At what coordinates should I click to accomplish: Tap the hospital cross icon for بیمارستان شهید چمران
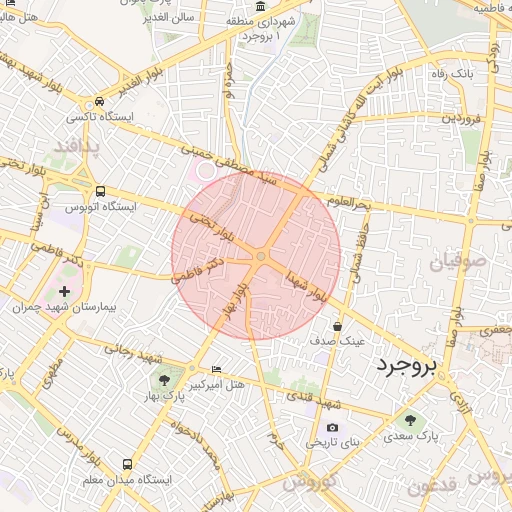(66, 290)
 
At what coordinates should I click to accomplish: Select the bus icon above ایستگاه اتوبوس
(100, 190)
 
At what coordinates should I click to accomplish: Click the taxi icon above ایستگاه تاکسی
(100, 102)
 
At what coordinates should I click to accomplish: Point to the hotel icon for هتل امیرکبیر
(216, 369)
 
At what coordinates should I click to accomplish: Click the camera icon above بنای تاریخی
(333, 427)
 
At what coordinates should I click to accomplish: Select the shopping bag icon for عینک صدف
(337, 326)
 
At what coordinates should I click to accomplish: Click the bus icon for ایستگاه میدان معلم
(127, 465)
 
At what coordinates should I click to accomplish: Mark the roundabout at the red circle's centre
(260, 258)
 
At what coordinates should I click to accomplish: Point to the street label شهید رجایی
(128, 352)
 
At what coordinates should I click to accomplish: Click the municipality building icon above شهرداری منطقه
(261, 7)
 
